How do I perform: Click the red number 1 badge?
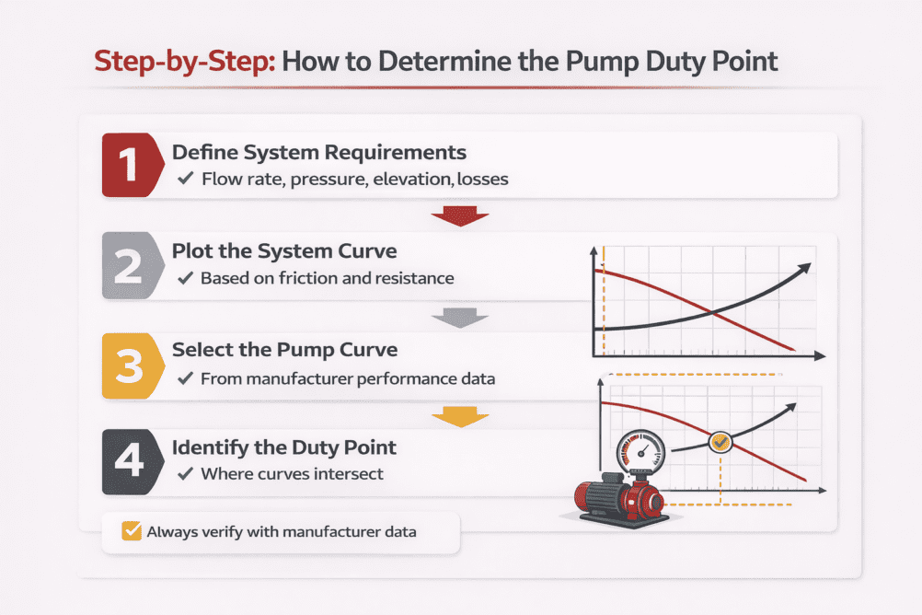click(128, 165)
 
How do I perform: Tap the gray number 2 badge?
click(128, 266)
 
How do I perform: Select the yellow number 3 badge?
click(128, 366)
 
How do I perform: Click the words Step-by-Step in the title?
click(183, 62)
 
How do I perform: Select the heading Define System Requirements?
click(318, 152)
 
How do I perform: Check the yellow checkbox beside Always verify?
click(132, 531)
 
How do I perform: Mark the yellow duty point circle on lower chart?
click(720, 443)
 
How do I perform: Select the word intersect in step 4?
click(352, 475)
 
